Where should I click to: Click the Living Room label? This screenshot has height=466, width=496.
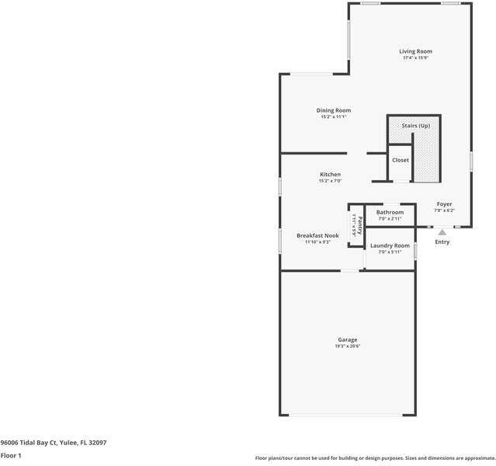[x=416, y=51]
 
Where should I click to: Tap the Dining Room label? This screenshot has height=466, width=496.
[x=334, y=110]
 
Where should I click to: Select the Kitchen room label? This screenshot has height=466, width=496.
[x=330, y=175]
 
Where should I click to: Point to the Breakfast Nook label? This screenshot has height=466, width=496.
[x=317, y=235]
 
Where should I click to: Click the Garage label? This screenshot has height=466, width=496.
[x=348, y=339]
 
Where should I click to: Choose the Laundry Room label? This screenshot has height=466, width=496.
[x=390, y=245]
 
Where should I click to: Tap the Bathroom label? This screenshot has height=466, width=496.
[x=390, y=212]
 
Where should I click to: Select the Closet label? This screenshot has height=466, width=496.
[x=401, y=160]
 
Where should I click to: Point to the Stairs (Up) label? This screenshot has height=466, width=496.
[x=415, y=126]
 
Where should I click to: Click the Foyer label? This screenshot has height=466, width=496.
[x=444, y=204]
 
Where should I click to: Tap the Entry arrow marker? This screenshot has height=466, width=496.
[x=442, y=231]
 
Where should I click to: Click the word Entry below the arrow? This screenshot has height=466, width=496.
[x=442, y=242]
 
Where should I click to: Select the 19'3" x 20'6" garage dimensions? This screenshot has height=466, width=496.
[x=348, y=346]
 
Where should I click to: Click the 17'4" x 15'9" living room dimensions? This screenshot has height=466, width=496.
[x=416, y=58]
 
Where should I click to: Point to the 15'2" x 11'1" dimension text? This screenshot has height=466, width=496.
[x=334, y=117]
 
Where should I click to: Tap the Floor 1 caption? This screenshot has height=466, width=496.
[x=11, y=456]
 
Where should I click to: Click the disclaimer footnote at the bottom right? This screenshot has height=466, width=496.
[x=374, y=458]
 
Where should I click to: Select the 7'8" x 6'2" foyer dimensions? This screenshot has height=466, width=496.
[x=444, y=210]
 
